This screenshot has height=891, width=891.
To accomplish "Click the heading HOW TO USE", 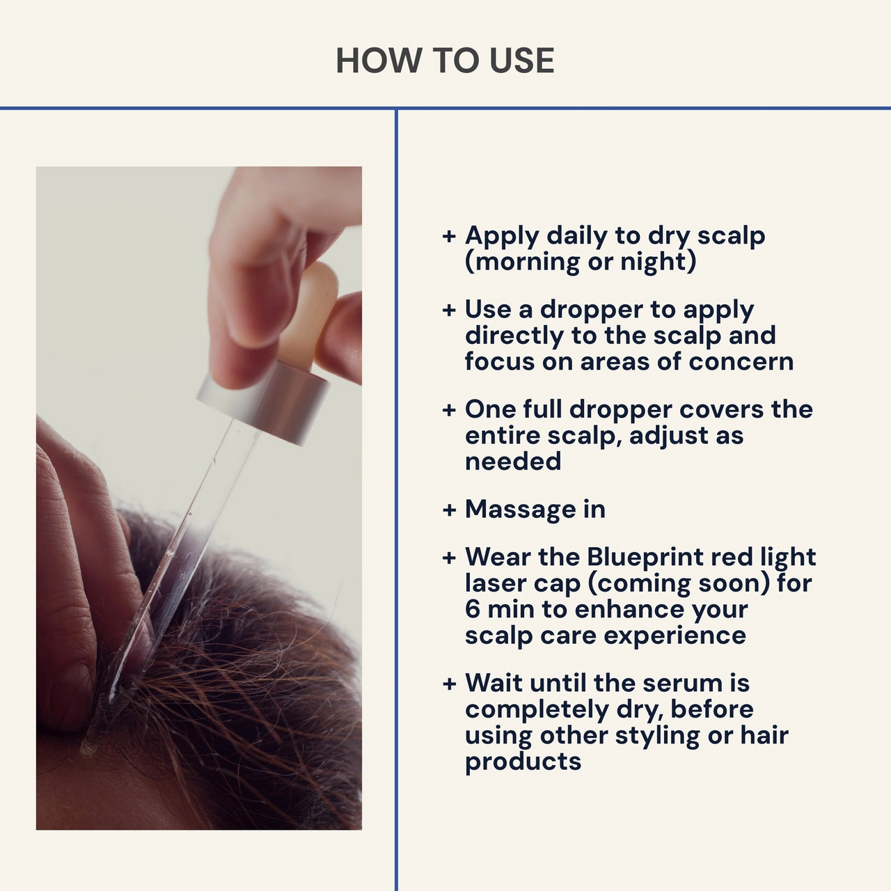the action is coord(445,61).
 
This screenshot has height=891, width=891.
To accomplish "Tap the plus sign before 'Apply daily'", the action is coord(449,236).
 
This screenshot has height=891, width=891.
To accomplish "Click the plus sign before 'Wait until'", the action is coord(449,684).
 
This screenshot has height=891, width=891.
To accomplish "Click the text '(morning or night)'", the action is coord(581,262).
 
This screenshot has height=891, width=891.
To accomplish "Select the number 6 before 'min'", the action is coord(473,609).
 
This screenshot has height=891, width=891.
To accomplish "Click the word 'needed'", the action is coord(513,461).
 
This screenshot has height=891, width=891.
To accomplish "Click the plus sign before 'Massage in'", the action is coord(449,510).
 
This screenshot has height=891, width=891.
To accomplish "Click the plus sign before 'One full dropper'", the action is coord(449,410).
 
